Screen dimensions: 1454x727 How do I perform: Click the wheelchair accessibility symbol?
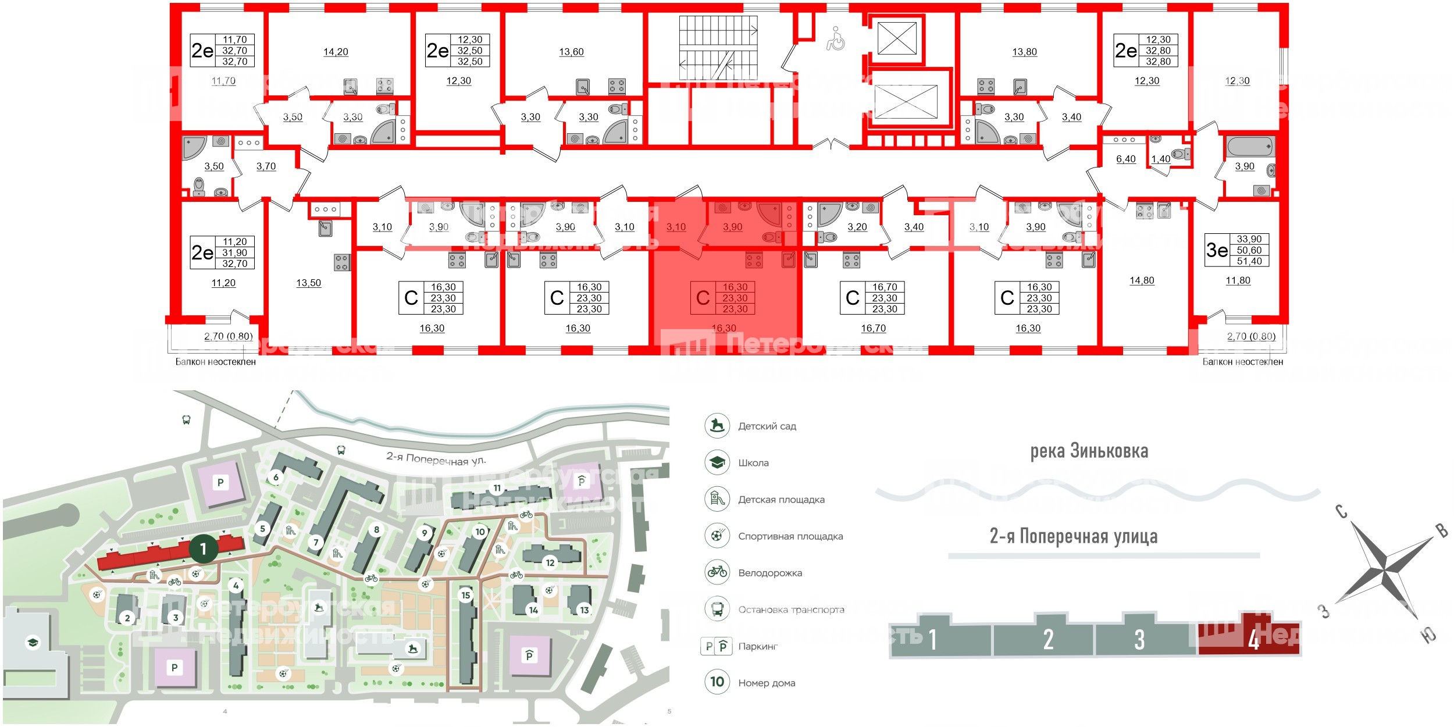(x=836, y=39)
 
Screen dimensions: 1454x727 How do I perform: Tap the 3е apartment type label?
(x=1217, y=250)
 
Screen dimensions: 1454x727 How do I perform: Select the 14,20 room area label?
(x=336, y=52)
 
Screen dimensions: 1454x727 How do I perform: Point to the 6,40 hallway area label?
(x=1125, y=159)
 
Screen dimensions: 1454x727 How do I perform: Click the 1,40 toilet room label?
(x=1160, y=159)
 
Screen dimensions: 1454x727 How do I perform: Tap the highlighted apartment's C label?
(x=703, y=298)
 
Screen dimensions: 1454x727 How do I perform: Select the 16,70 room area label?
(x=873, y=329)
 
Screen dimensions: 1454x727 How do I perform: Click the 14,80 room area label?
(x=1142, y=281)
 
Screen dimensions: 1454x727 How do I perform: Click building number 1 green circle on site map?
(x=203, y=548)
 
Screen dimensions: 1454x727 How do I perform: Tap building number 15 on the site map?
(x=465, y=595)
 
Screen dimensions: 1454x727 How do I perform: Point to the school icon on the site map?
(x=33, y=643)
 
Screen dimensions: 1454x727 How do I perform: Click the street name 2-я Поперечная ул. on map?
(x=436, y=459)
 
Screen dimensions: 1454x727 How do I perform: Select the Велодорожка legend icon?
(x=717, y=572)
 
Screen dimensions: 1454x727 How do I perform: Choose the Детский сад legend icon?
(x=717, y=426)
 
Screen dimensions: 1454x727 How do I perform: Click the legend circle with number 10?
(x=717, y=682)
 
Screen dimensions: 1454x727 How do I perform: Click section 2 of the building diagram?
(x=1047, y=640)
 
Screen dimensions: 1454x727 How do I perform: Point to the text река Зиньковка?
(x=1089, y=451)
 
